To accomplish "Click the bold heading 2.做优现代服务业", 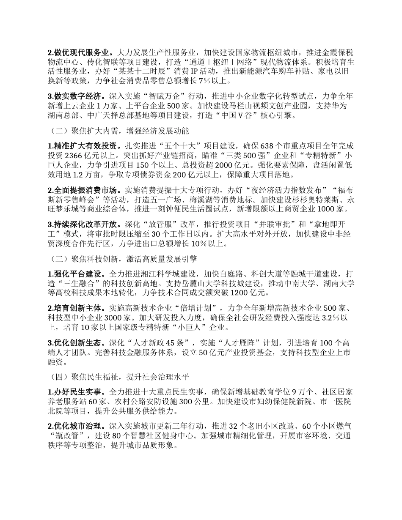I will point(80,53).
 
